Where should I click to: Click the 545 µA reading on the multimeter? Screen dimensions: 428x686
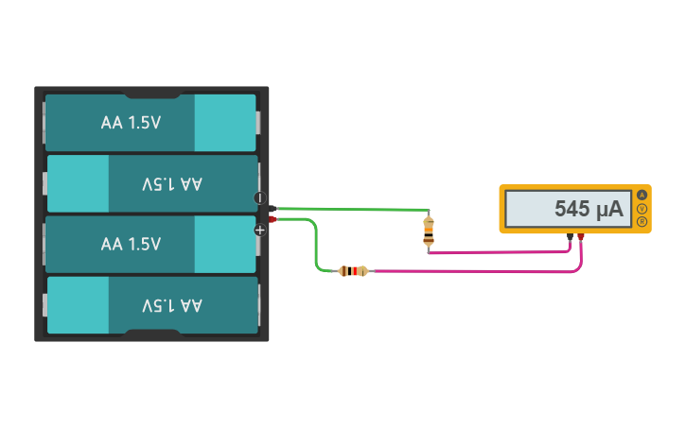[588, 209]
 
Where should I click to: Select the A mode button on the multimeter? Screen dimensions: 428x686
[642, 196]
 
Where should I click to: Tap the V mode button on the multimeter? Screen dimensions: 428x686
[642, 209]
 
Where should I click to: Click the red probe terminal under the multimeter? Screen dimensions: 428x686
[581, 236]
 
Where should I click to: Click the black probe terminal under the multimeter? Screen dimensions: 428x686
[570, 236]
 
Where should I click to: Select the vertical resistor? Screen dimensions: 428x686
[429, 230]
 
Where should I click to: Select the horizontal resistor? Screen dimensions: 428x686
[353, 271]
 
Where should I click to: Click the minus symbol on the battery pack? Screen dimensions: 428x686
[260, 197]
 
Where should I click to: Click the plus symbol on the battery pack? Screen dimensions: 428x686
[260, 230]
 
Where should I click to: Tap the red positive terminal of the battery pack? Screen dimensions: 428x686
[273, 219]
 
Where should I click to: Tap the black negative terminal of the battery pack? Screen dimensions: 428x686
[273, 208]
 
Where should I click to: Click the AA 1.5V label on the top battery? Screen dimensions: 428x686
[131, 123]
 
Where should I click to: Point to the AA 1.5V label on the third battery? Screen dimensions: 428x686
[131, 245]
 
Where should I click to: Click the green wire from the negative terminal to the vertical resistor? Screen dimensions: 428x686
[350, 208]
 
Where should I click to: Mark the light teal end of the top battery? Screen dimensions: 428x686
[224, 123]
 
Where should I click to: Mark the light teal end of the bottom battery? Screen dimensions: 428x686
[78, 305]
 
